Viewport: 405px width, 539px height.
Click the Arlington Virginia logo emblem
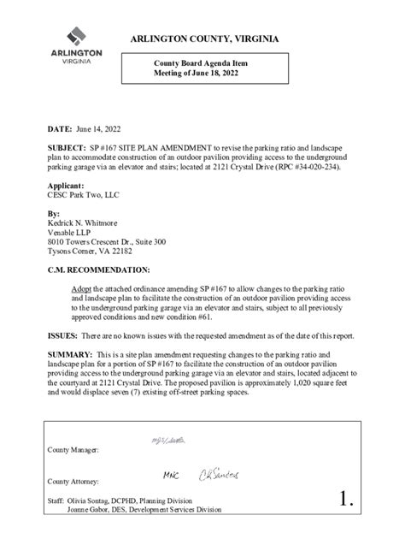click(x=76, y=36)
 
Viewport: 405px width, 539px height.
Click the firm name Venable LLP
click(x=73, y=232)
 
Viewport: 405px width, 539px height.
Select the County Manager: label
click(x=73, y=449)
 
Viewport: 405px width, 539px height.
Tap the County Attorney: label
click(x=73, y=481)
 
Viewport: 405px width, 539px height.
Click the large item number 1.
click(x=344, y=501)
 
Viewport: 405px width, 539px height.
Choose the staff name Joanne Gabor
click(x=93, y=508)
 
